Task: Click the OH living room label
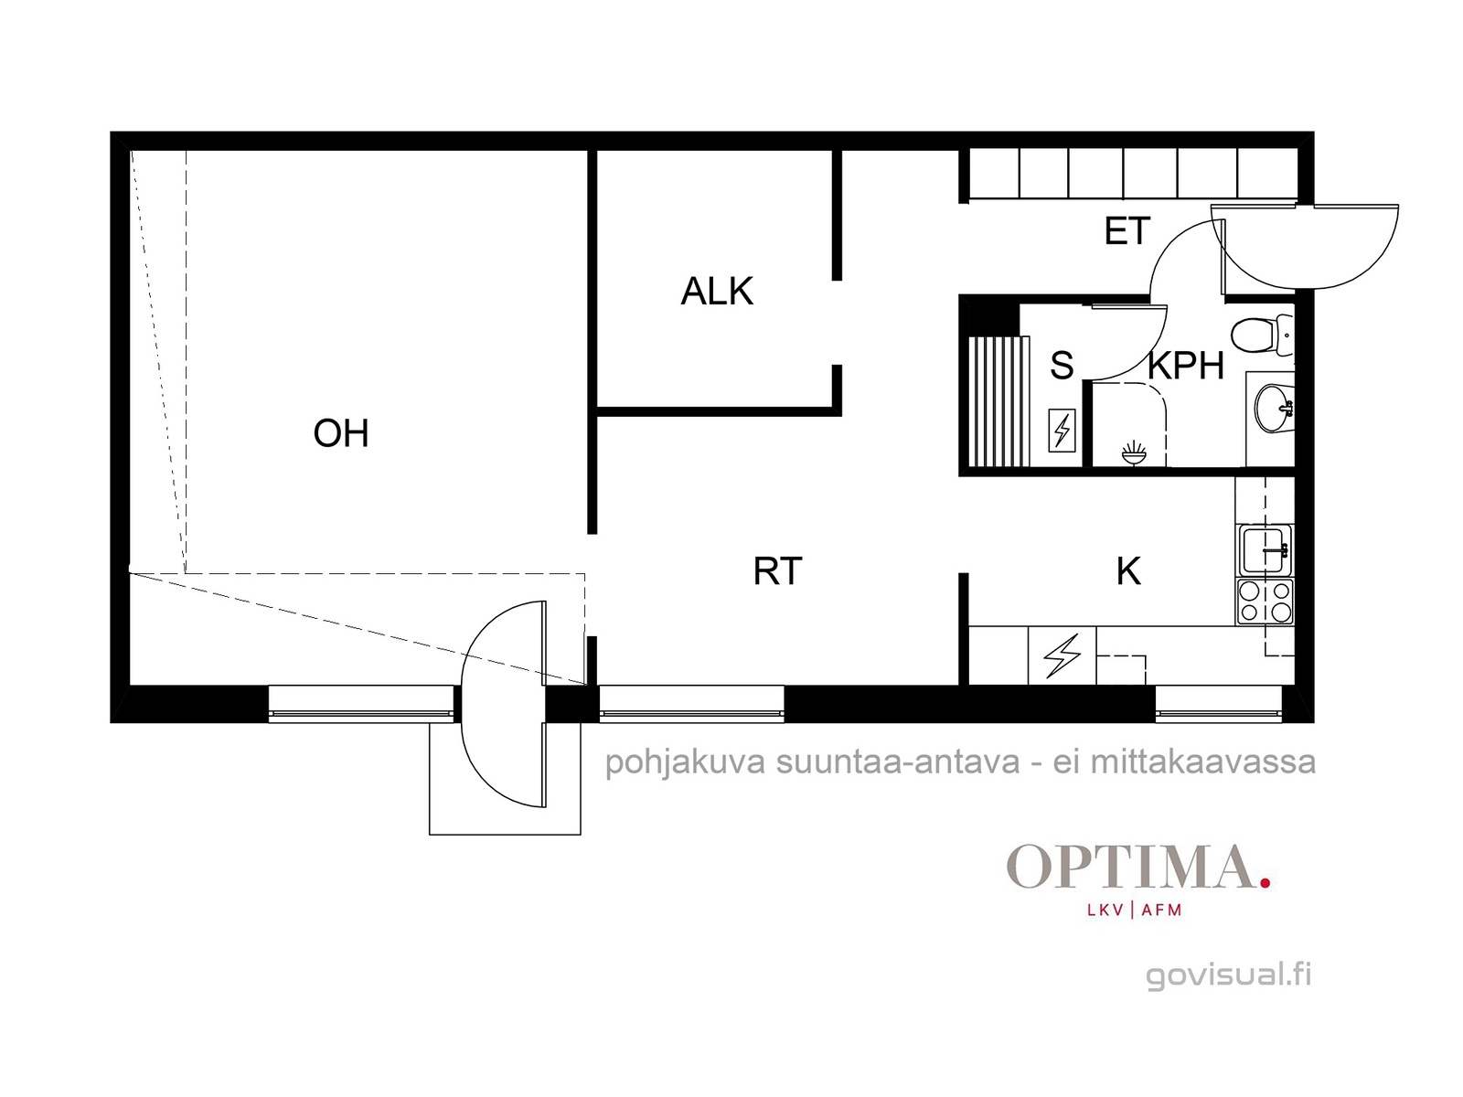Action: point(340,433)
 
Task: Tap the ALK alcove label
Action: point(717,291)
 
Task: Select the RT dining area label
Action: point(777,570)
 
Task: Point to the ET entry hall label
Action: point(1127,231)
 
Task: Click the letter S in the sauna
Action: point(1062,365)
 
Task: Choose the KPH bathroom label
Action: point(1186,365)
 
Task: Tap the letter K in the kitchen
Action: point(1128,570)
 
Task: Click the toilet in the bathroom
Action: point(1262,335)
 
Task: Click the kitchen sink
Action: point(1265,550)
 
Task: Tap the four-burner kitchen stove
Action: point(1265,602)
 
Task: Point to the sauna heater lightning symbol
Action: point(1062,430)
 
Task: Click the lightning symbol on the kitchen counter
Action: point(1062,655)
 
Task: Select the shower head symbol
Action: point(1133,452)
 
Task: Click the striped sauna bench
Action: point(998,401)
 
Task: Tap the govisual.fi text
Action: point(1228,975)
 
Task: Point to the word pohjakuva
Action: point(685,763)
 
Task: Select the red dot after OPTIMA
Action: point(1265,882)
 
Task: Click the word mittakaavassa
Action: point(1203,762)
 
